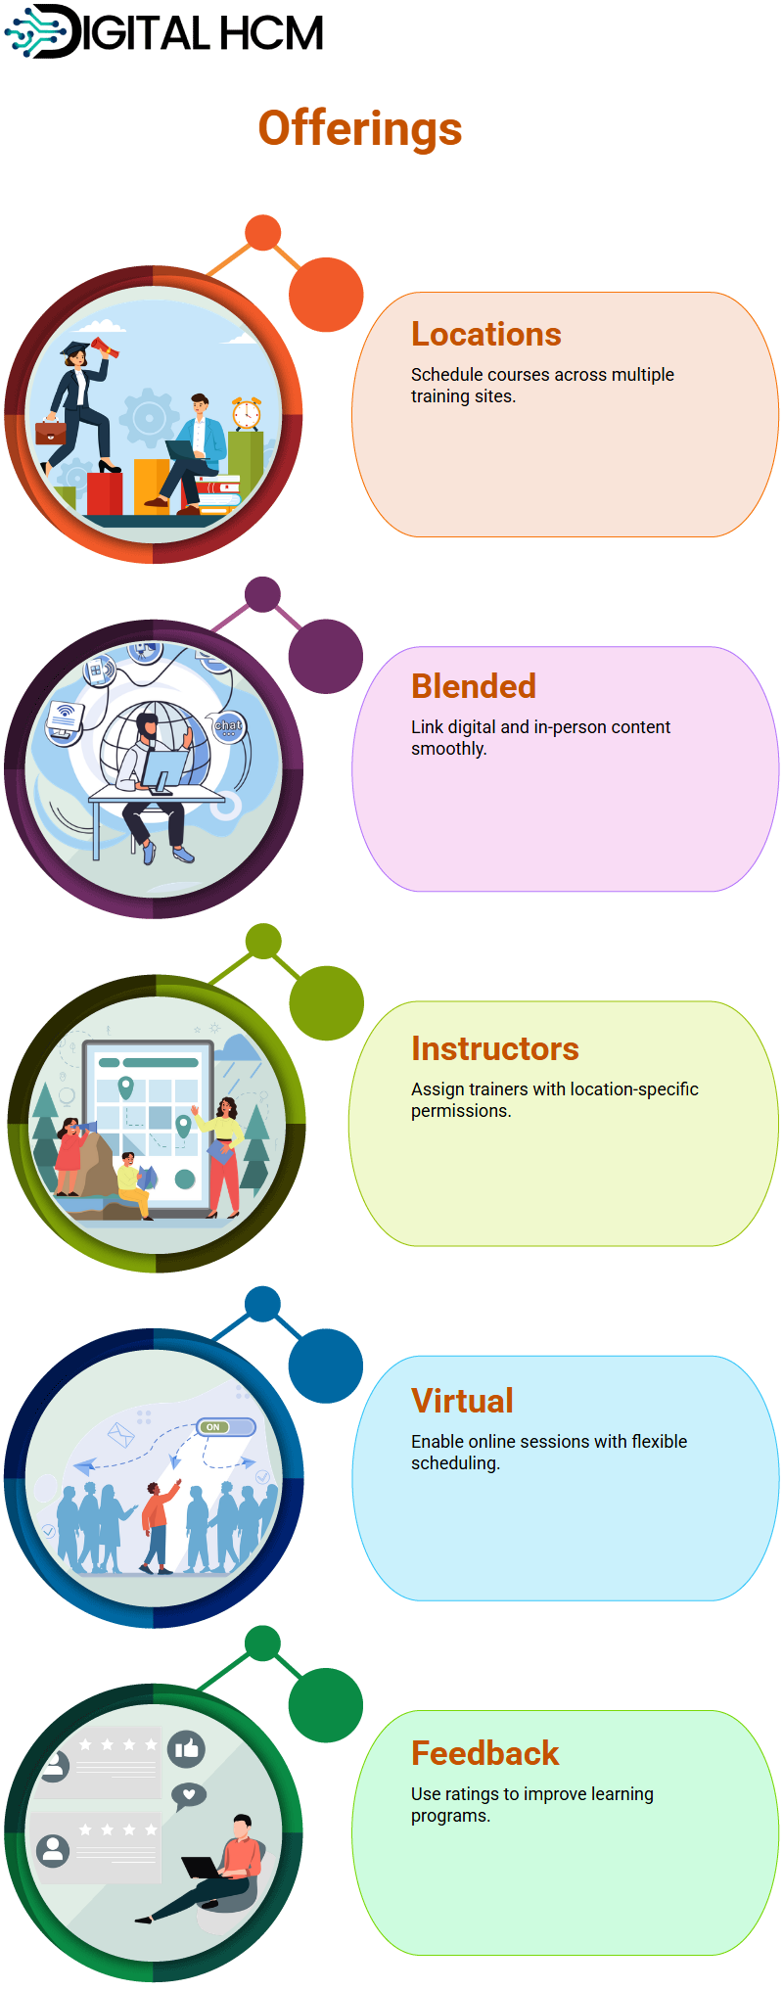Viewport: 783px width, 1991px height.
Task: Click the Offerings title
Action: [360, 128]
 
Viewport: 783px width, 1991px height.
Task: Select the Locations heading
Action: [486, 335]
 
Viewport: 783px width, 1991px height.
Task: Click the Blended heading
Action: [474, 686]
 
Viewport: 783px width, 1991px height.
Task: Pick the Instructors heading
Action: [495, 1048]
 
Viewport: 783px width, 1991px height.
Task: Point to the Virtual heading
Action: [462, 1401]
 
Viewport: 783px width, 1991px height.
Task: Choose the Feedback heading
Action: [485, 1753]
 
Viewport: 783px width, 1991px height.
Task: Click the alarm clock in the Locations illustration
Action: [247, 413]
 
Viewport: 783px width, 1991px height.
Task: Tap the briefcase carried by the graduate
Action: [50, 431]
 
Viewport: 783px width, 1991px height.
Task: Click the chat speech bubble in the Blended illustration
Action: [229, 726]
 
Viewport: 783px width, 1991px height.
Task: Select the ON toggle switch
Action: [225, 1427]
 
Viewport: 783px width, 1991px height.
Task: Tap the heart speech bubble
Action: [189, 1795]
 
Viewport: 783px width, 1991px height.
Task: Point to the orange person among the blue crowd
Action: [158, 1526]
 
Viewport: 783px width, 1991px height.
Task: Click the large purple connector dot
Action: [326, 657]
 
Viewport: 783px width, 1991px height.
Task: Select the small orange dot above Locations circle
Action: [262, 233]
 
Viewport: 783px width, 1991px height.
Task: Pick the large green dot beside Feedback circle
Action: [326, 1705]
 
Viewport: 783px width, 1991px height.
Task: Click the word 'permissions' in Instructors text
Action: [459, 1111]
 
